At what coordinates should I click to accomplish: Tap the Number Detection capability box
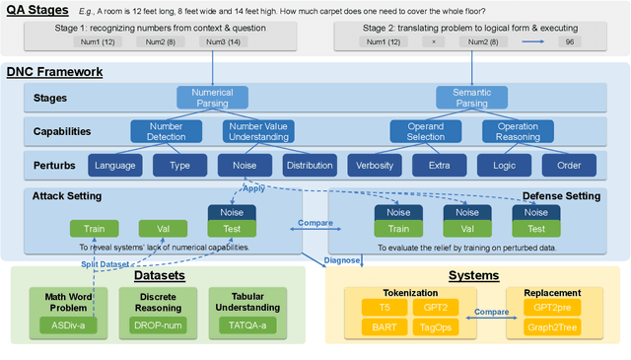(166, 131)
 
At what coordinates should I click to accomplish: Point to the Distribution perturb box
(310, 166)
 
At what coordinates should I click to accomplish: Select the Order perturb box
(570, 166)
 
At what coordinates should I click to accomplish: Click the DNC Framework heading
(55, 72)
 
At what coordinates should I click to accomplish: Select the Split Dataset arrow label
(111, 263)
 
